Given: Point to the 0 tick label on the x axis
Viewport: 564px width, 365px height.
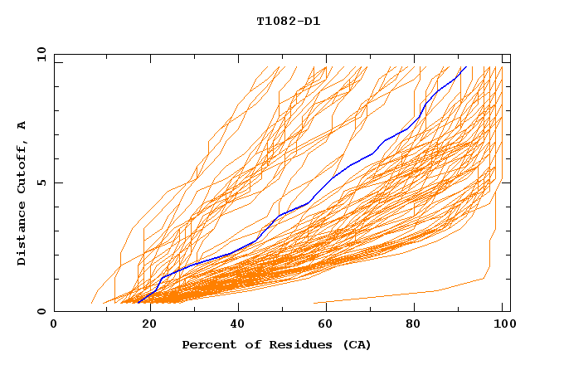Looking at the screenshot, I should pyautogui.click(x=54, y=324).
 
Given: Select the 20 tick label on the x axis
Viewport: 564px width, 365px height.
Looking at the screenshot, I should pyautogui.click(x=144, y=324).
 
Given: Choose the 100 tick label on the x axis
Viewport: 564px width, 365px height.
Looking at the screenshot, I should pyautogui.click(x=504, y=324).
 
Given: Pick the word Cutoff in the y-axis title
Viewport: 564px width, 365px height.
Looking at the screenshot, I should pyautogui.click(x=22, y=166).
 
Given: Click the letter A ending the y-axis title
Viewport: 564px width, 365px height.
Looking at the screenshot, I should pyautogui.click(x=22, y=125).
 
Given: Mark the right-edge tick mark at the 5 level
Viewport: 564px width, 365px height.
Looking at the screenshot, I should pyautogui.click(x=507, y=182).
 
